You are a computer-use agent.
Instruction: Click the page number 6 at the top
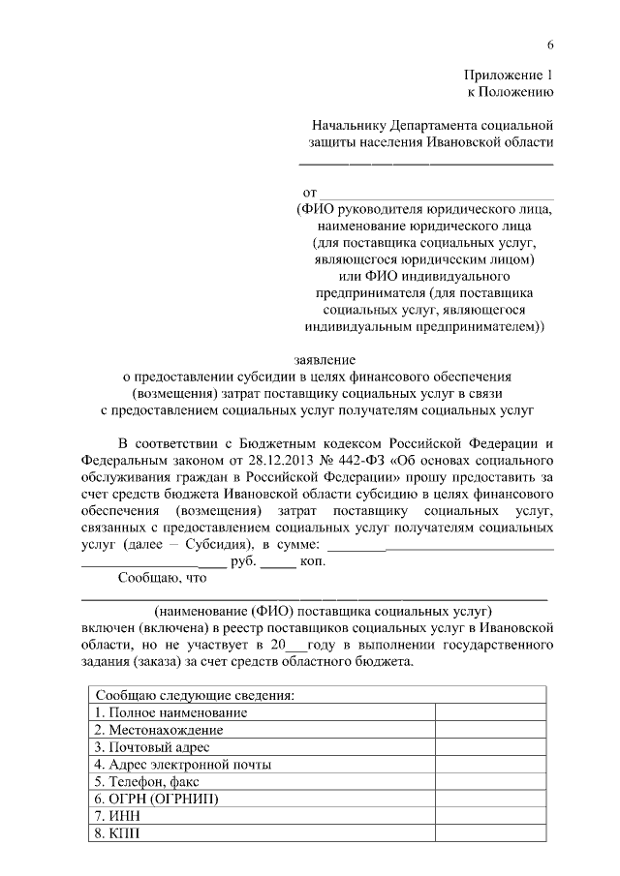[550, 45]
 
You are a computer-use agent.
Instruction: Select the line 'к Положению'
[511, 93]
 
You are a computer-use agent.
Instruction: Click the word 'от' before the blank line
[309, 194]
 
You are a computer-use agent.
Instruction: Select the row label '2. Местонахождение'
[159, 730]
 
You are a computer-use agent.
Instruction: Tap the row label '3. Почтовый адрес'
[152, 747]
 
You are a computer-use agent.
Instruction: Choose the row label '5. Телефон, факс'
[146, 782]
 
